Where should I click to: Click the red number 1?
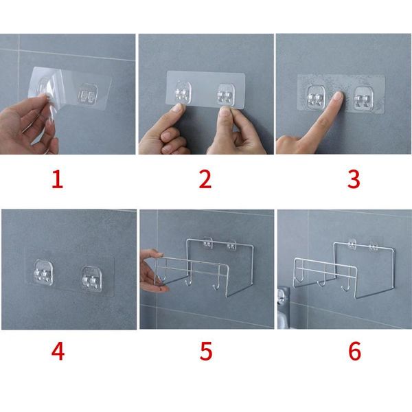coord(57,179)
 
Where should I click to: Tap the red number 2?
coord(205,179)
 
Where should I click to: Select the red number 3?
coord(354,179)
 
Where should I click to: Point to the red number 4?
coord(58,351)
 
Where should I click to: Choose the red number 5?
coord(205,351)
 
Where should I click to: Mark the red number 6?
coord(354,351)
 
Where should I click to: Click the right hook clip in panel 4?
coord(90,275)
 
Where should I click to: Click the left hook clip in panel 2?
coord(182,95)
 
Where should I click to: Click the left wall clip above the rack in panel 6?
coord(352,243)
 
